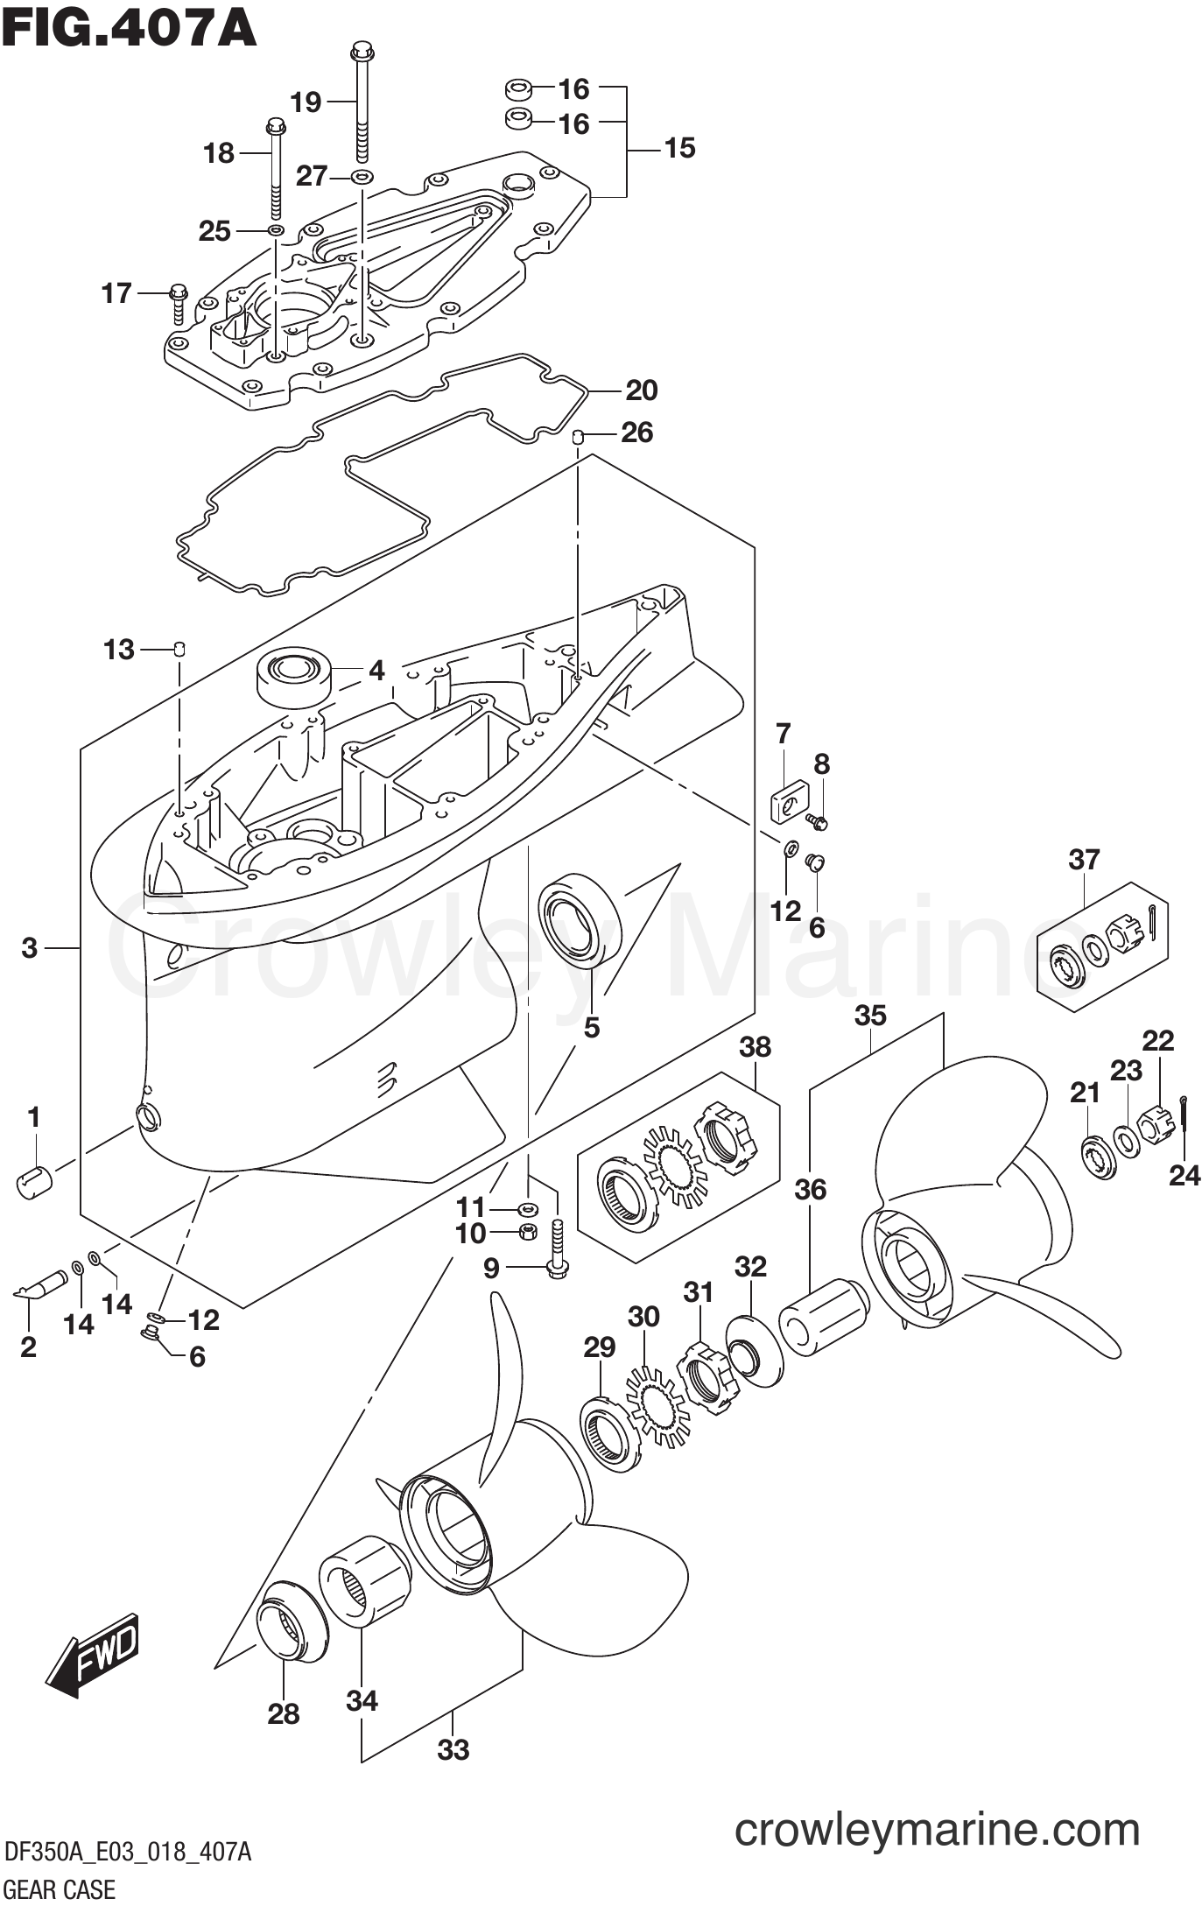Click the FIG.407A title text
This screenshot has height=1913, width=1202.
coord(129,28)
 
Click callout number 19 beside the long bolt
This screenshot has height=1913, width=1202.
coord(306,102)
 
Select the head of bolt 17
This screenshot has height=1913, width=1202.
coord(178,290)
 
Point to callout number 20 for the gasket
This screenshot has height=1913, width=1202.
coord(642,390)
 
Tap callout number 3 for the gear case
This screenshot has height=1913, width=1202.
coord(30,947)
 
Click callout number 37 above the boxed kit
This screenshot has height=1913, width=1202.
coord(1084,860)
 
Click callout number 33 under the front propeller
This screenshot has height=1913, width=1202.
coord(453,1751)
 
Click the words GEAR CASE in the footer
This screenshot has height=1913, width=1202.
coord(60,1889)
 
